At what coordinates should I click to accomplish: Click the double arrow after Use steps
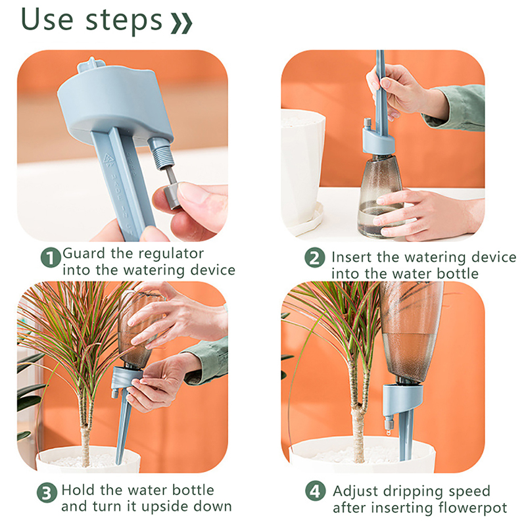tap(181, 23)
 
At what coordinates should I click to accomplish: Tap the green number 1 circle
tap(51, 258)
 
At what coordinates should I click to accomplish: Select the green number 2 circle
tap(315, 258)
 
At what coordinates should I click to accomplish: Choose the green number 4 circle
tap(316, 491)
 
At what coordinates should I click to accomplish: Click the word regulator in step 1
tap(171, 254)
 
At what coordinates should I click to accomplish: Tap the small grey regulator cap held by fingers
tap(173, 195)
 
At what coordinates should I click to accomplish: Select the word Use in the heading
tap(47, 19)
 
